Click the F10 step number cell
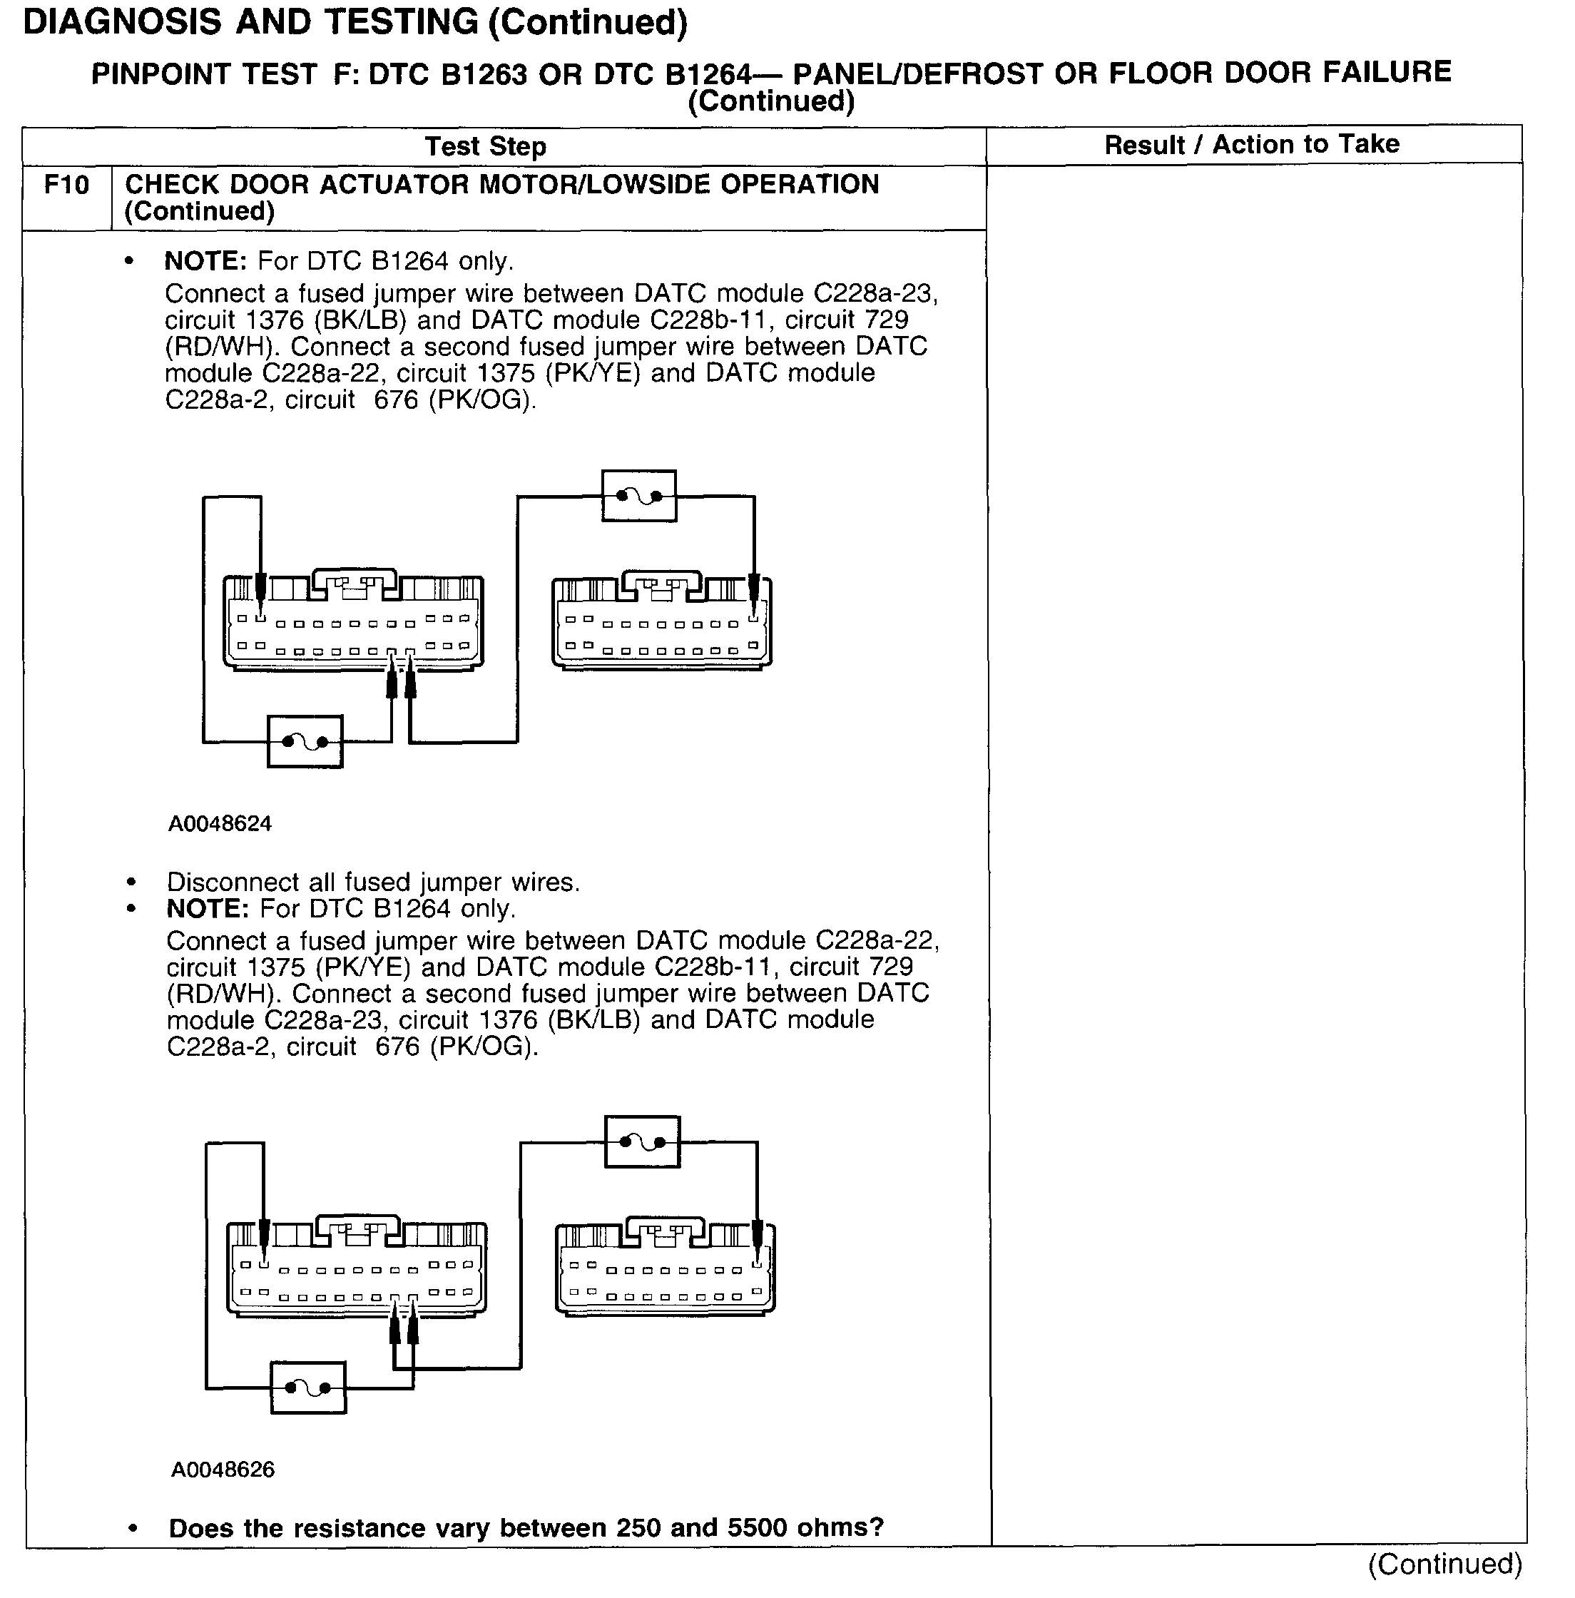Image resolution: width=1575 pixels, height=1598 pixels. point(66,185)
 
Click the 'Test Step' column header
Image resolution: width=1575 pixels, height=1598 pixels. point(486,146)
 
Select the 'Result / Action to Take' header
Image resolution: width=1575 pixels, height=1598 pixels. point(1252,145)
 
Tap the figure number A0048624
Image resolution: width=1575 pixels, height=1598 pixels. point(220,824)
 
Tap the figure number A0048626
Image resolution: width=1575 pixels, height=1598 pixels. point(223,1470)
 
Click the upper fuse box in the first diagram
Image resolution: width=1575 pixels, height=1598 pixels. point(638,497)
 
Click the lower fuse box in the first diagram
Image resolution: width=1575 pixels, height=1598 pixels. point(305,742)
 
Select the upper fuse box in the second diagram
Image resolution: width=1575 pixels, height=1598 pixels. point(642,1142)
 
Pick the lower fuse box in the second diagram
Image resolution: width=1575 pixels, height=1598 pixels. point(307,1388)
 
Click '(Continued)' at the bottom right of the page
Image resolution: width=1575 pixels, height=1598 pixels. point(1444,1564)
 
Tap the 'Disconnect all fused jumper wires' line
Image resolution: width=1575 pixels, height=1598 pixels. point(373,882)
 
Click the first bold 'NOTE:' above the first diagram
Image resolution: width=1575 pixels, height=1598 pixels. point(206,261)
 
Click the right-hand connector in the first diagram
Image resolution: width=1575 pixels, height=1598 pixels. point(662,622)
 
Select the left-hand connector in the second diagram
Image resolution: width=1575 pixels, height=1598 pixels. point(357,1269)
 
